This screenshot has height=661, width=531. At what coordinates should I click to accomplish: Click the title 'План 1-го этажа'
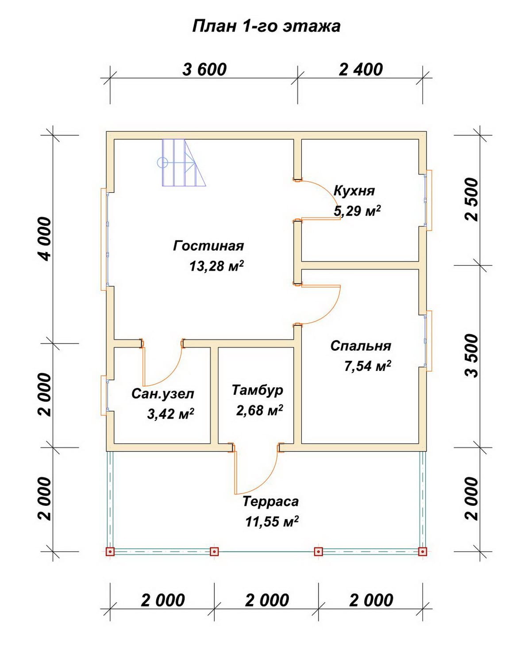click(266, 27)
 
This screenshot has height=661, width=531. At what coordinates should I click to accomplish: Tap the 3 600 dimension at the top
click(204, 69)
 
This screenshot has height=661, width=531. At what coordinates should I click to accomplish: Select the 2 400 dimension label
click(361, 69)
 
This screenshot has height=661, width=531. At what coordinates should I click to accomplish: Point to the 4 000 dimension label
click(44, 239)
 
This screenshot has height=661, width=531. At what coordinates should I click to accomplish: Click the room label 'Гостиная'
click(208, 246)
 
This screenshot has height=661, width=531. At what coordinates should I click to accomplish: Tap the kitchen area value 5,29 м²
click(357, 211)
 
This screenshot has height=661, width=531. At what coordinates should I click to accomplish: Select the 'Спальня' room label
click(361, 346)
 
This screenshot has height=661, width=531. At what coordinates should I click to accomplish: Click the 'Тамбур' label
click(258, 390)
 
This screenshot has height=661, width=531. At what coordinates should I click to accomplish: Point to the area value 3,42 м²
click(171, 414)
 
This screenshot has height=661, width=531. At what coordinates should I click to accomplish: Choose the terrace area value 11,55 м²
click(272, 522)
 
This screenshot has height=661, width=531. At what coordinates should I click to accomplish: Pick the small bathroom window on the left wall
click(104, 395)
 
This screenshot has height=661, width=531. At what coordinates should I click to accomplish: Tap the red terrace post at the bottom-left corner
click(110, 552)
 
